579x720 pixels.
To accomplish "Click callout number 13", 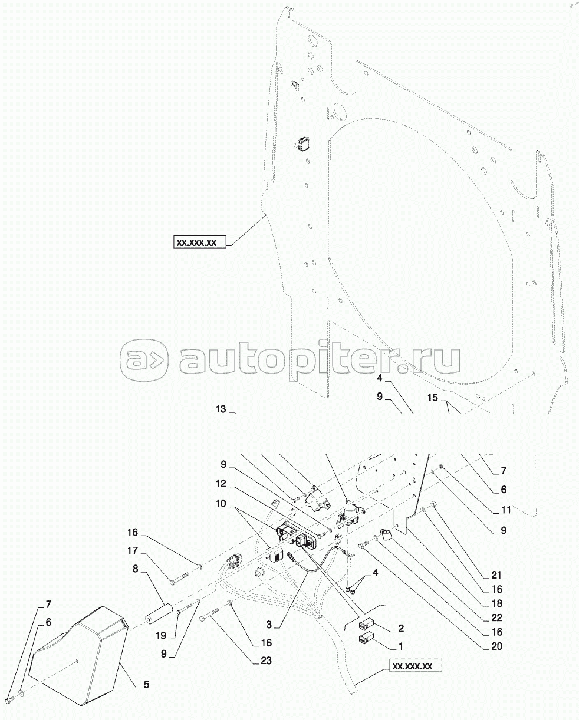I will (221, 409).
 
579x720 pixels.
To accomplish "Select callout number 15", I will (432, 398).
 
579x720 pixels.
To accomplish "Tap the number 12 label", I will (221, 484).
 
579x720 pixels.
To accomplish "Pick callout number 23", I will (266, 660).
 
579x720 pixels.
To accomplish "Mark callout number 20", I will (496, 646).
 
